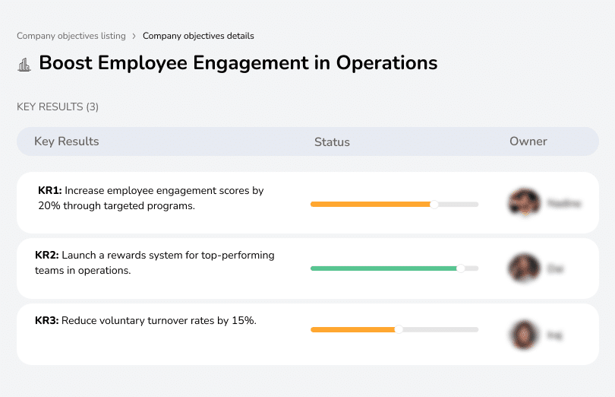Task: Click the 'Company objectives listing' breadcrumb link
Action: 71,36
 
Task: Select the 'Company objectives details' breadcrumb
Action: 198,36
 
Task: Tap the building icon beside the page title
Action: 24,65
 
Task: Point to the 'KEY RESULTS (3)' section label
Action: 58,107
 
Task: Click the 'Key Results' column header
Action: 66,141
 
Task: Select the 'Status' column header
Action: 332,141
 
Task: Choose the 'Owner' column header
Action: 528,141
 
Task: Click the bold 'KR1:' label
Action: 49,191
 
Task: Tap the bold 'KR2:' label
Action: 47,256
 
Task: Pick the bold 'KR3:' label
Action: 47,321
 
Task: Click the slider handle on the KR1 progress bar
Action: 434,204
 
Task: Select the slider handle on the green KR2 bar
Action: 460,268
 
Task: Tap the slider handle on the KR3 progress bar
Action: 399,329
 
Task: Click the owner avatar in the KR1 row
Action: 523,203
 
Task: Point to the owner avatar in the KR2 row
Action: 523,268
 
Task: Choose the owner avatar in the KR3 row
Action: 523,334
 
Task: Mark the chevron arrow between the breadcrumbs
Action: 134,36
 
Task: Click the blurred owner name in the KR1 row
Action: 564,204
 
